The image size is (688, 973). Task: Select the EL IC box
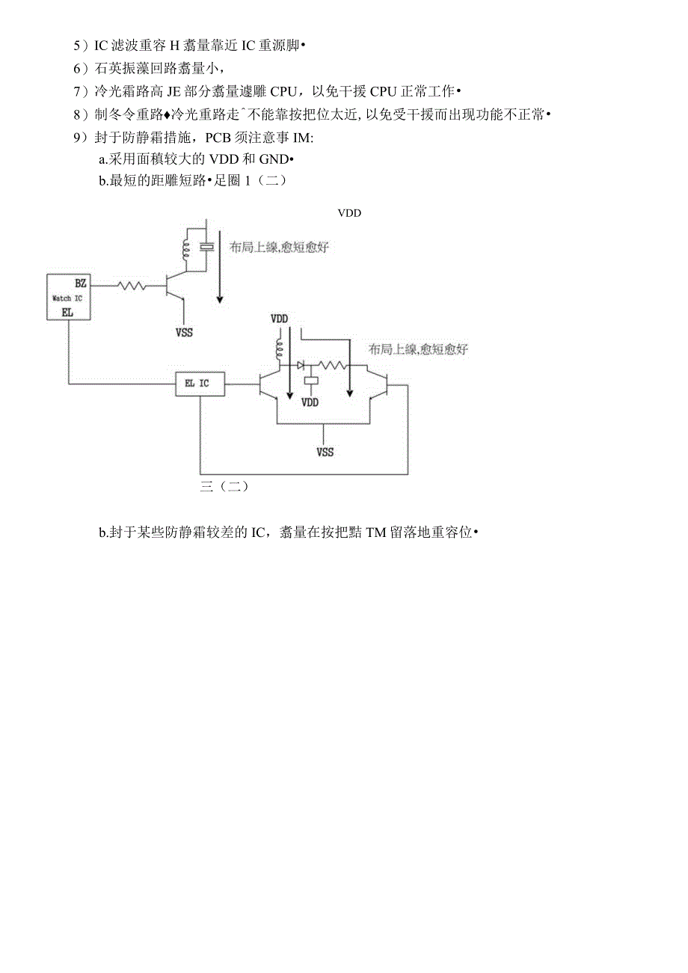tap(198, 384)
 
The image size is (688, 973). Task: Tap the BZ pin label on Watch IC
tap(80, 283)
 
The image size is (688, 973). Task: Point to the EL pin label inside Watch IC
tap(67, 312)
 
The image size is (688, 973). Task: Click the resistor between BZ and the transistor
tap(132, 285)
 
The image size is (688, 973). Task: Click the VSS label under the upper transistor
tap(183, 332)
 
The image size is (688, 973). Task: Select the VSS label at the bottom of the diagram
tap(324, 452)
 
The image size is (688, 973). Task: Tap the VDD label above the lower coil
tap(279, 319)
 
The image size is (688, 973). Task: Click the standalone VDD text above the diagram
tap(349, 213)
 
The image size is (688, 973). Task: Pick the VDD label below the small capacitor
tap(310, 402)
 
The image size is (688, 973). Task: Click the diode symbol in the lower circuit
tap(301, 366)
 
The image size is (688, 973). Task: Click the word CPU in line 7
tap(284, 91)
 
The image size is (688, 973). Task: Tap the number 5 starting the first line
tap(76, 46)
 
